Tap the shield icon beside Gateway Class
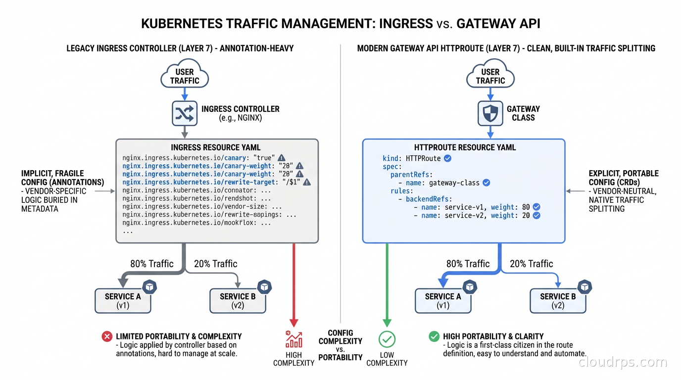click(x=490, y=113)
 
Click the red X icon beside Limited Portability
click(x=107, y=336)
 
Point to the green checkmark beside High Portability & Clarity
click(x=434, y=336)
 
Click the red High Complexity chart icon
click(x=293, y=339)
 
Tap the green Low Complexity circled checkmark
click(x=387, y=339)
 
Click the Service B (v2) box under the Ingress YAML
click(x=238, y=301)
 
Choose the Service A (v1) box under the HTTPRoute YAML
click(x=443, y=301)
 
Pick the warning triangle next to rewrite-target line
click(x=307, y=182)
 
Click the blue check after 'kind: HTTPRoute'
click(x=447, y=158)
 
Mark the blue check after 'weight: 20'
click(x=536, y=216)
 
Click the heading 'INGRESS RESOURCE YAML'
click(x=216, y=147)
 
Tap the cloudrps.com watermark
click(x=623, y=363)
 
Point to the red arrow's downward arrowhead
click(x=294, y=322)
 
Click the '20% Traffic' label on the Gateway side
click(x=531, y=264)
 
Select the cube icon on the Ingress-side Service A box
click(x=149, y=287)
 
